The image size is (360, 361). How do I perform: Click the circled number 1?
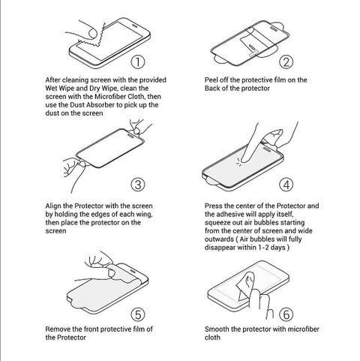(138, 62)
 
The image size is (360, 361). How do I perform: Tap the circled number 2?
(286, 62)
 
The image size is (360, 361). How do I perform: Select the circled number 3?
(138, 185)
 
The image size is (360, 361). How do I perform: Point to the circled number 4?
(286, 185)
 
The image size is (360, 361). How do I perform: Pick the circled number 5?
(138, 314)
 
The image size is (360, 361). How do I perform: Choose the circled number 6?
(286, 314)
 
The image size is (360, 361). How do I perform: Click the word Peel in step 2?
(211, 80)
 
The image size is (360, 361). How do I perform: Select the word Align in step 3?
(53, 206)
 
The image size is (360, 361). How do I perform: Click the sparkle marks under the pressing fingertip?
(239, 162)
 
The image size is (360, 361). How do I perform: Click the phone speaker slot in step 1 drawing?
(135, 26)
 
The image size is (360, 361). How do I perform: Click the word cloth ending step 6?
(212, 337)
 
